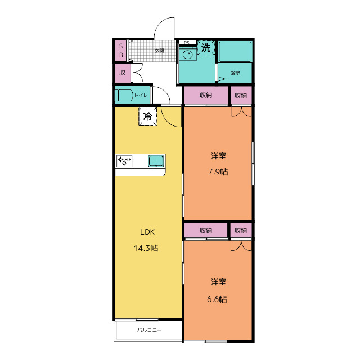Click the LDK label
click(x=147, y=232)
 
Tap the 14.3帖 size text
click(x=146, y=248)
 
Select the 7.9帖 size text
click(x=218, y=172)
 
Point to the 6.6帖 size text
click(x=217, y=299)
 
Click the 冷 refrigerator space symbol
click(x=147, y=116)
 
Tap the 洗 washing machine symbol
click(x=206, y=48)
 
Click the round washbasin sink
click(x=187, y=55)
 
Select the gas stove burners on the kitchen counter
click(x=124, y=161)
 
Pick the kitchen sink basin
click(x=156, y=161)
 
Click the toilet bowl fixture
click(x=124, y=95)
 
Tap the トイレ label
click(x=141, y=95)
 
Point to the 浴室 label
click(x=235, y=73)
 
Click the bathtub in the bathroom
click(x=235, y=52)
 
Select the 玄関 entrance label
click(x=159, y=51)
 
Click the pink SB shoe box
click(x=121, y=51)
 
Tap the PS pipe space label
click(x=186, y=43)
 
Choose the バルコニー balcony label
click(x=150, y=330)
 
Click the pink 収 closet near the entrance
click(x=123, y=73)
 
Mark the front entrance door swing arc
click(x=161, y=25)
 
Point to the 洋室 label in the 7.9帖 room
click(x=218, y=156)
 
